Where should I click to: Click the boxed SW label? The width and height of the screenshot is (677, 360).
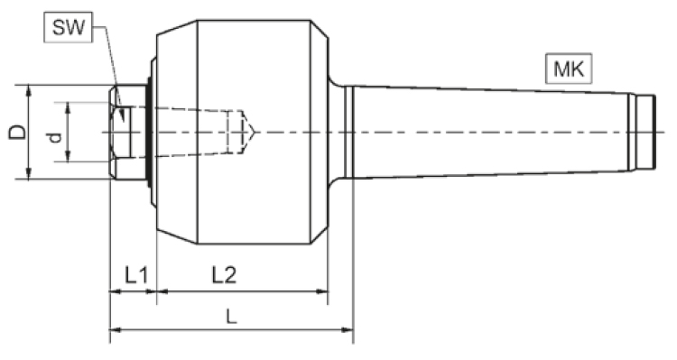coord(69,28)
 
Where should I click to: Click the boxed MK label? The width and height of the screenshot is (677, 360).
coord(569,69)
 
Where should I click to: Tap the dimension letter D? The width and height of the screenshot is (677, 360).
coord(17,132)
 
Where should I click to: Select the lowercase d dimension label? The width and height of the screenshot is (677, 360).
coord(55,138)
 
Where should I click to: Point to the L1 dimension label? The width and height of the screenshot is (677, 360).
coord(136,274)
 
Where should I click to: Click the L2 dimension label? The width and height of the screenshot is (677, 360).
coord(224,274)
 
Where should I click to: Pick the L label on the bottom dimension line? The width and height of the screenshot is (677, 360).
coord(232,318)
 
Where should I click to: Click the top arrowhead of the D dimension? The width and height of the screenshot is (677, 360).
coord(28,90)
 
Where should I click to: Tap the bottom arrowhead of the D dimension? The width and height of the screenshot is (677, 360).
coord(28,173)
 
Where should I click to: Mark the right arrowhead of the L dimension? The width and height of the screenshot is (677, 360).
coord(348,330)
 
